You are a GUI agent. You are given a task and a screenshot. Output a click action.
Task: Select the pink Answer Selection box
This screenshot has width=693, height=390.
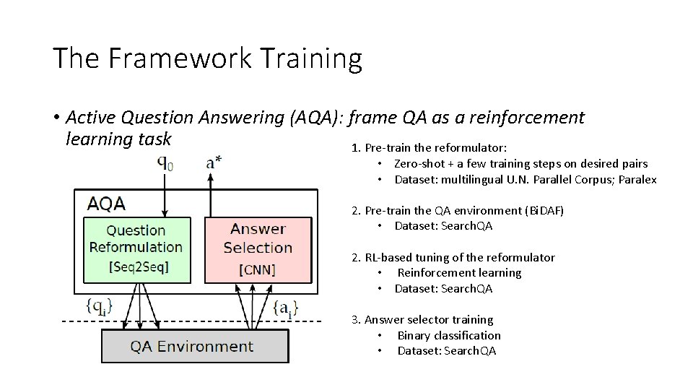[x=258, y=248]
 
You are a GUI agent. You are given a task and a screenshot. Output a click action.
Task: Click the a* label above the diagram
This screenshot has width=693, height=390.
[x=214, y=162]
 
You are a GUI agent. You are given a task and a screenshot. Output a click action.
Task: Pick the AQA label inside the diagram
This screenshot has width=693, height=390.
[x=106, y=204]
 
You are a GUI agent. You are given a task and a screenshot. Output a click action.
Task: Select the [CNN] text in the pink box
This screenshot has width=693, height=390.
[x=258, y=271]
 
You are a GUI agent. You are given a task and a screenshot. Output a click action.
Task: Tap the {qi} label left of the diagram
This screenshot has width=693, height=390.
[x=100, y=307]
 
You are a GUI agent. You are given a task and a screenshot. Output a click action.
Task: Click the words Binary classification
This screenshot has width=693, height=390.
[x=449, y=335]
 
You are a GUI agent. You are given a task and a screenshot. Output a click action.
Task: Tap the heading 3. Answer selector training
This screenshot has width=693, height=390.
[x=422, y=319]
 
